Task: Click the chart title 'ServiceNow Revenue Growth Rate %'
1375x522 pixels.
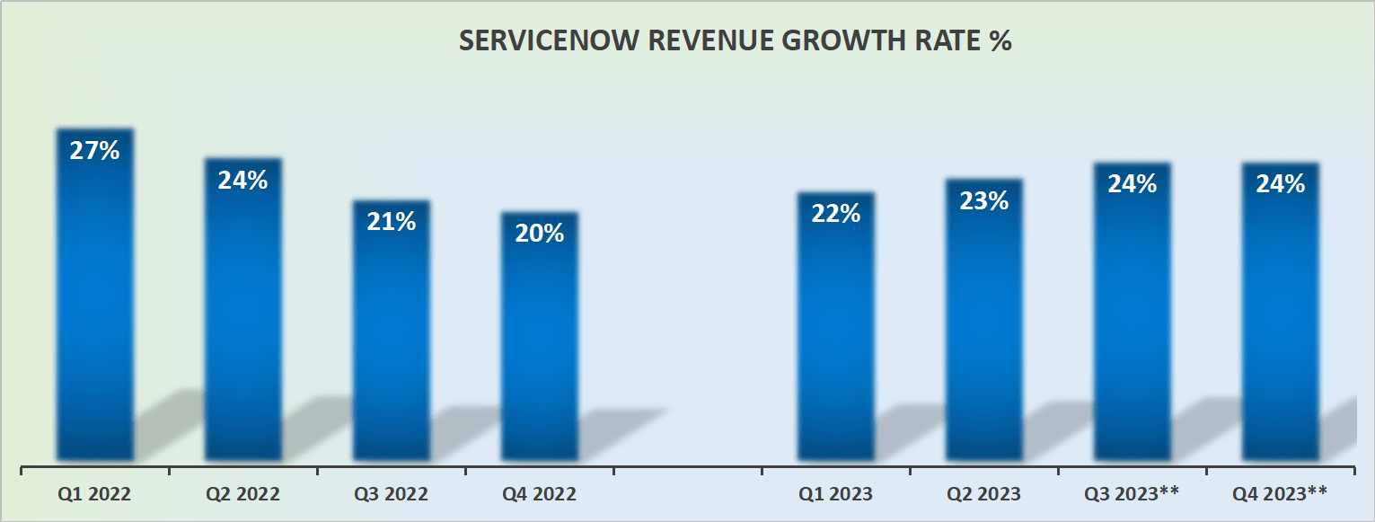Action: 735,42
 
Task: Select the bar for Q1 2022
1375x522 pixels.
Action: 95,305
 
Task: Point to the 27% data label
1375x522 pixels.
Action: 95,150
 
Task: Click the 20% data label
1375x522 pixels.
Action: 540,233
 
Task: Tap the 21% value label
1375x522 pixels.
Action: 392,221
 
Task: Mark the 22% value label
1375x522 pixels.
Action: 836,213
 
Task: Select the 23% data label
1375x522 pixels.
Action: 983,200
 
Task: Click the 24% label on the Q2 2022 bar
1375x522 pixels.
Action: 243,180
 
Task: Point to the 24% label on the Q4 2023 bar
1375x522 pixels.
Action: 1281,183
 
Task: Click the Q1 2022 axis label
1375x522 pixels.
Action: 93,494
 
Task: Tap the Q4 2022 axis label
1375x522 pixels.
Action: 539,494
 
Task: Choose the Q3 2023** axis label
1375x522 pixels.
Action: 1132,494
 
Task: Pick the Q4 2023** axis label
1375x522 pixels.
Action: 1280,494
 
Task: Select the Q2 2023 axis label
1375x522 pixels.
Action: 983,494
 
